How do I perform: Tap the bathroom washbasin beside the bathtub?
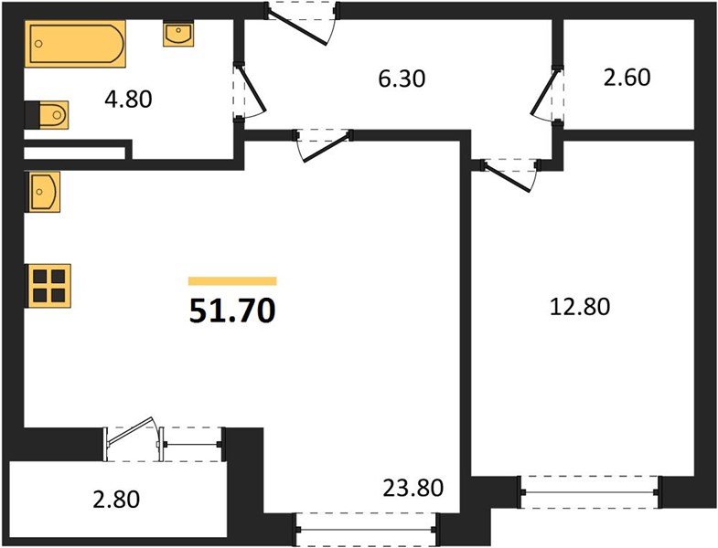point(177,35)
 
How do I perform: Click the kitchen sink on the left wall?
point(43,191)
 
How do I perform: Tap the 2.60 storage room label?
point(627,78)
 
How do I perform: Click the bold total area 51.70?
point(232,312)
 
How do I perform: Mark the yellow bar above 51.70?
point(232,281)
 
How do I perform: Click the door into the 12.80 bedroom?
point(509,172)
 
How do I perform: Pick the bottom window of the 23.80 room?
point(365,529)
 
